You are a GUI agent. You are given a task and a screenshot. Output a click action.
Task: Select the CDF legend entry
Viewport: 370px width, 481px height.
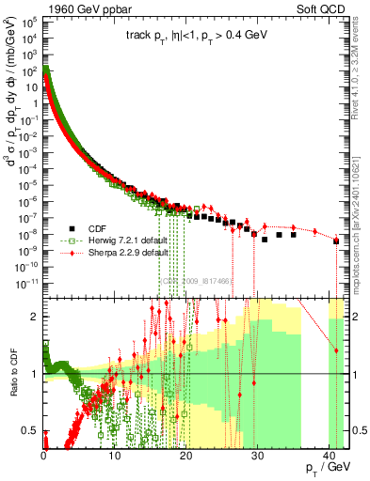(105, 227)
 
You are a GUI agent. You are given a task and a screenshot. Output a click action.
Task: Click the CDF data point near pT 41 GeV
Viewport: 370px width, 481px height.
(336, 241)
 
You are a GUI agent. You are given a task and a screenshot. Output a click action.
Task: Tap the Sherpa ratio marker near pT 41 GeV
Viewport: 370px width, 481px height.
(336, 350)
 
